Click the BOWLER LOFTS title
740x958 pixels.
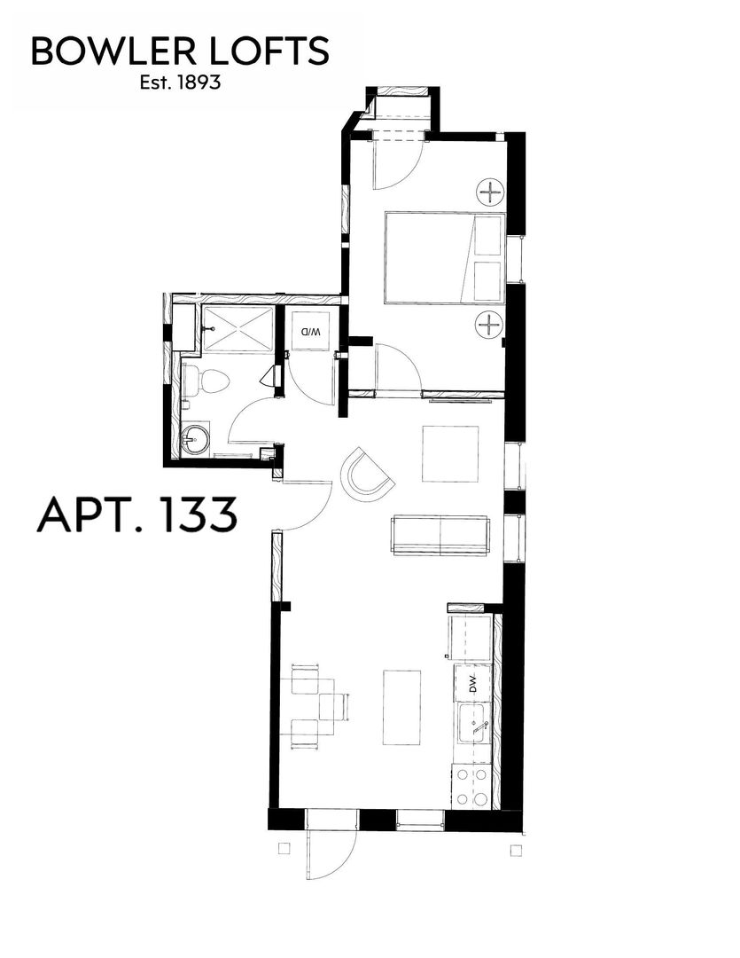(x=180, y=52)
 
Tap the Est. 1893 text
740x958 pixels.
(x=180, y=84)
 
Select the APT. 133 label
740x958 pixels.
(x=137, y=514)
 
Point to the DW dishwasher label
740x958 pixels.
(x=473, y=684)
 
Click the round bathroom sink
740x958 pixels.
(x=195, y=438)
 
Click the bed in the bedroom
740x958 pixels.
(x=443, y=257)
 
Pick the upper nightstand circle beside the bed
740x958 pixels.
(x=488, y=191)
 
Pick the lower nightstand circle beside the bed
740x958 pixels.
(x=488, y=325)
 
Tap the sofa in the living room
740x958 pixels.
(x=440, y=535)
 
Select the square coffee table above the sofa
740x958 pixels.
(x=449, y=454)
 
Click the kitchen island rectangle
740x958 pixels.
(x=401, y=707)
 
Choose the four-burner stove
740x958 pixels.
(x=471, y=786)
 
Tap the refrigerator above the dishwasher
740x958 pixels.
(x=471, y=638)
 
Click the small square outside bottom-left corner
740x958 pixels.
(x=284, y=848)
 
